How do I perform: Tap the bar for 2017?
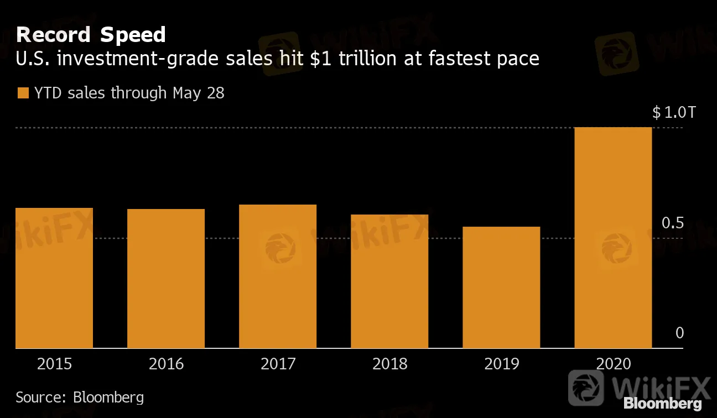coord(278,276)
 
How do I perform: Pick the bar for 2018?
coord(389,281)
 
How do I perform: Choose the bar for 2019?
coord(501,288)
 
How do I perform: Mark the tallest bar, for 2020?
coord(613,238)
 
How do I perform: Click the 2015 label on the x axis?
coord(54,364)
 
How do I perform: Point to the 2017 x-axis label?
coord(278,364)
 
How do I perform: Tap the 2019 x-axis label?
coord(501,364)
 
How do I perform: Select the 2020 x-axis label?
coord(613,364)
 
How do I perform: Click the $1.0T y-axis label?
coord(673,113)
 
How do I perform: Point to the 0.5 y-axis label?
coord(673,223)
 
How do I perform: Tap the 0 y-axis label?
coord(680,333)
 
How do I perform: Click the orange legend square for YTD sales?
coord(23,93)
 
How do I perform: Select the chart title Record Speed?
coord(91,35)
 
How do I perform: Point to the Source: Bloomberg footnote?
coord(80,397)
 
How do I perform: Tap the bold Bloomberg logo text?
coord(663,404)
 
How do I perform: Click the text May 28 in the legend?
coord(198,93)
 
